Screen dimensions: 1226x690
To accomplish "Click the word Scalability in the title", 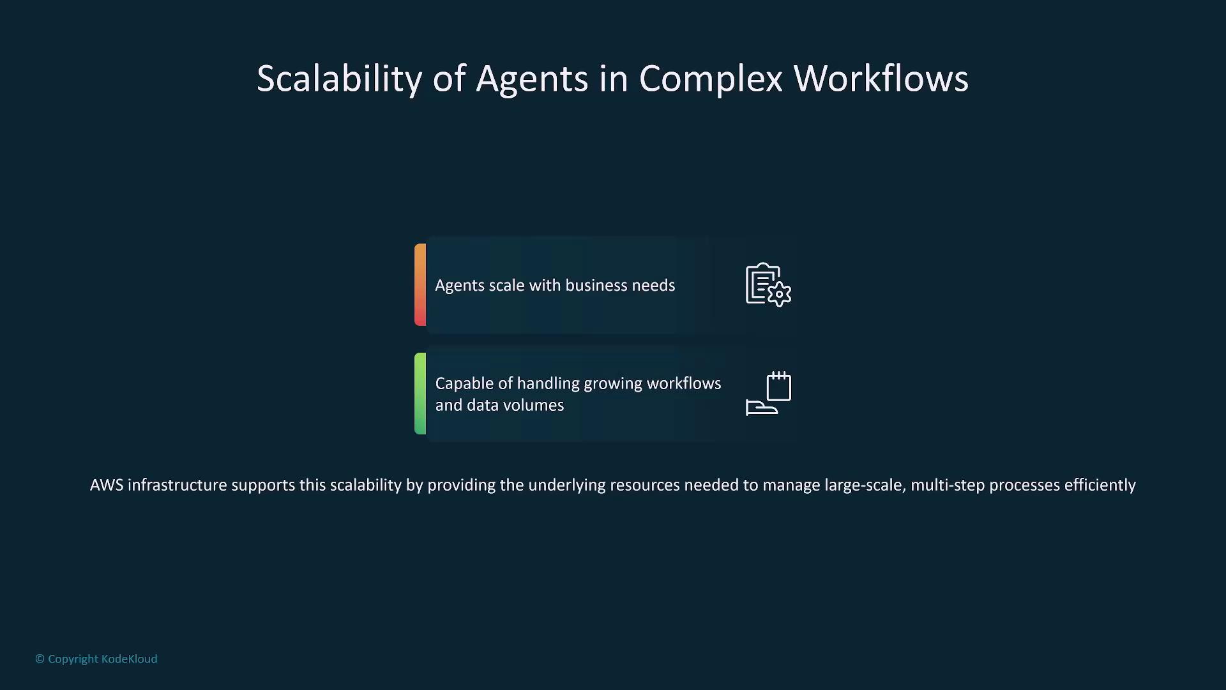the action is point(339,79).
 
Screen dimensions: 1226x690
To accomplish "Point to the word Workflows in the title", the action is point(881,79).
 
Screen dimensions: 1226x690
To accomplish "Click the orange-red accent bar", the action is point(420,285).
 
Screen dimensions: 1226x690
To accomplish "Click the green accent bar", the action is point(420,394).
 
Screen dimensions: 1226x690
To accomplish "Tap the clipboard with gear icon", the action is point(768,285).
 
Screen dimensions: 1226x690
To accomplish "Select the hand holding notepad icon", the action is point(768,394).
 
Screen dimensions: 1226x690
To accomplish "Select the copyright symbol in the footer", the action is point(40,659).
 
